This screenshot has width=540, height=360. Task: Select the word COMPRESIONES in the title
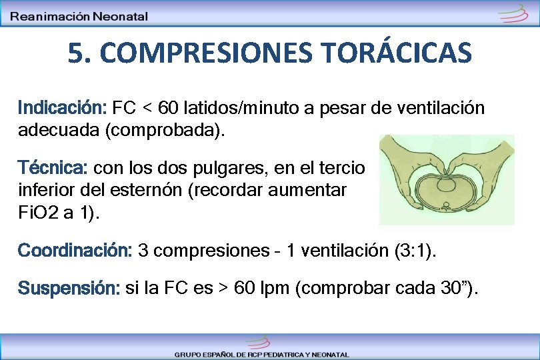(x=186, y=53)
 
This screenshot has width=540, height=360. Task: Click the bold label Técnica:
(x=55, y=166)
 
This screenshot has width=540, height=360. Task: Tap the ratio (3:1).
(x=418, y=251)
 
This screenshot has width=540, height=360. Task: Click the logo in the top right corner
(x=513, y=14)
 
